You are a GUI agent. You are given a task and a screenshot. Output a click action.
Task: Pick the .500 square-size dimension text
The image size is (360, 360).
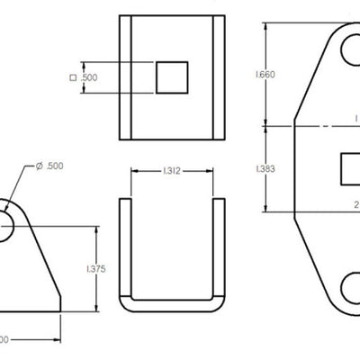(89, 78)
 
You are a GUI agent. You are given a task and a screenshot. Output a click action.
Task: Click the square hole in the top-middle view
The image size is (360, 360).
(171, 77)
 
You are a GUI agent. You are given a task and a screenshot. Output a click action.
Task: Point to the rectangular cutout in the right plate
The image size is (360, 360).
(349, 168)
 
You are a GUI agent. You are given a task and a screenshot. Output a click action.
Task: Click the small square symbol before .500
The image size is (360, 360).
(72, 78)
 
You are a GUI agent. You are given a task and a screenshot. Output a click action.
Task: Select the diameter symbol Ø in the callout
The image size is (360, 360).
(40, 166)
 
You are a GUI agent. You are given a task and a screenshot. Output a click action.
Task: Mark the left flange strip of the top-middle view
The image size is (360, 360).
(127, 77)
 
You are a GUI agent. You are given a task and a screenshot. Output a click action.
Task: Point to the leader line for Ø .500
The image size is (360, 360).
(22, 184)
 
